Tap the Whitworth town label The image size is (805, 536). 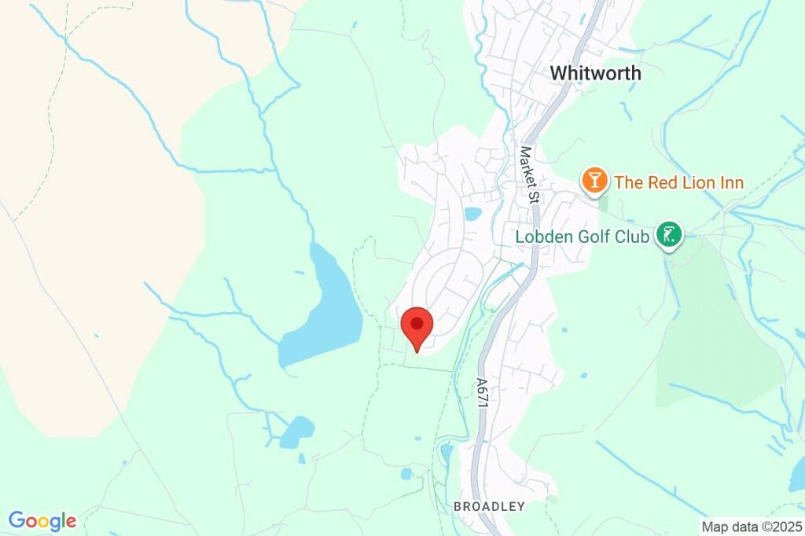595,73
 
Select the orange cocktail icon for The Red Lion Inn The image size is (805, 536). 595,182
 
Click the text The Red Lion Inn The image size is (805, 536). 679,183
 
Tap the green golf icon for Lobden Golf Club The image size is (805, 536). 669,233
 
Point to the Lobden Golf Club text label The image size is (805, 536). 582,236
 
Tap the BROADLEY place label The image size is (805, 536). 488,507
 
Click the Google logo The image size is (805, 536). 42,520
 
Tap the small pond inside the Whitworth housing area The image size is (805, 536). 472,213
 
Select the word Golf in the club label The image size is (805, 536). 598,236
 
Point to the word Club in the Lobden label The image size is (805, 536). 634,236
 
